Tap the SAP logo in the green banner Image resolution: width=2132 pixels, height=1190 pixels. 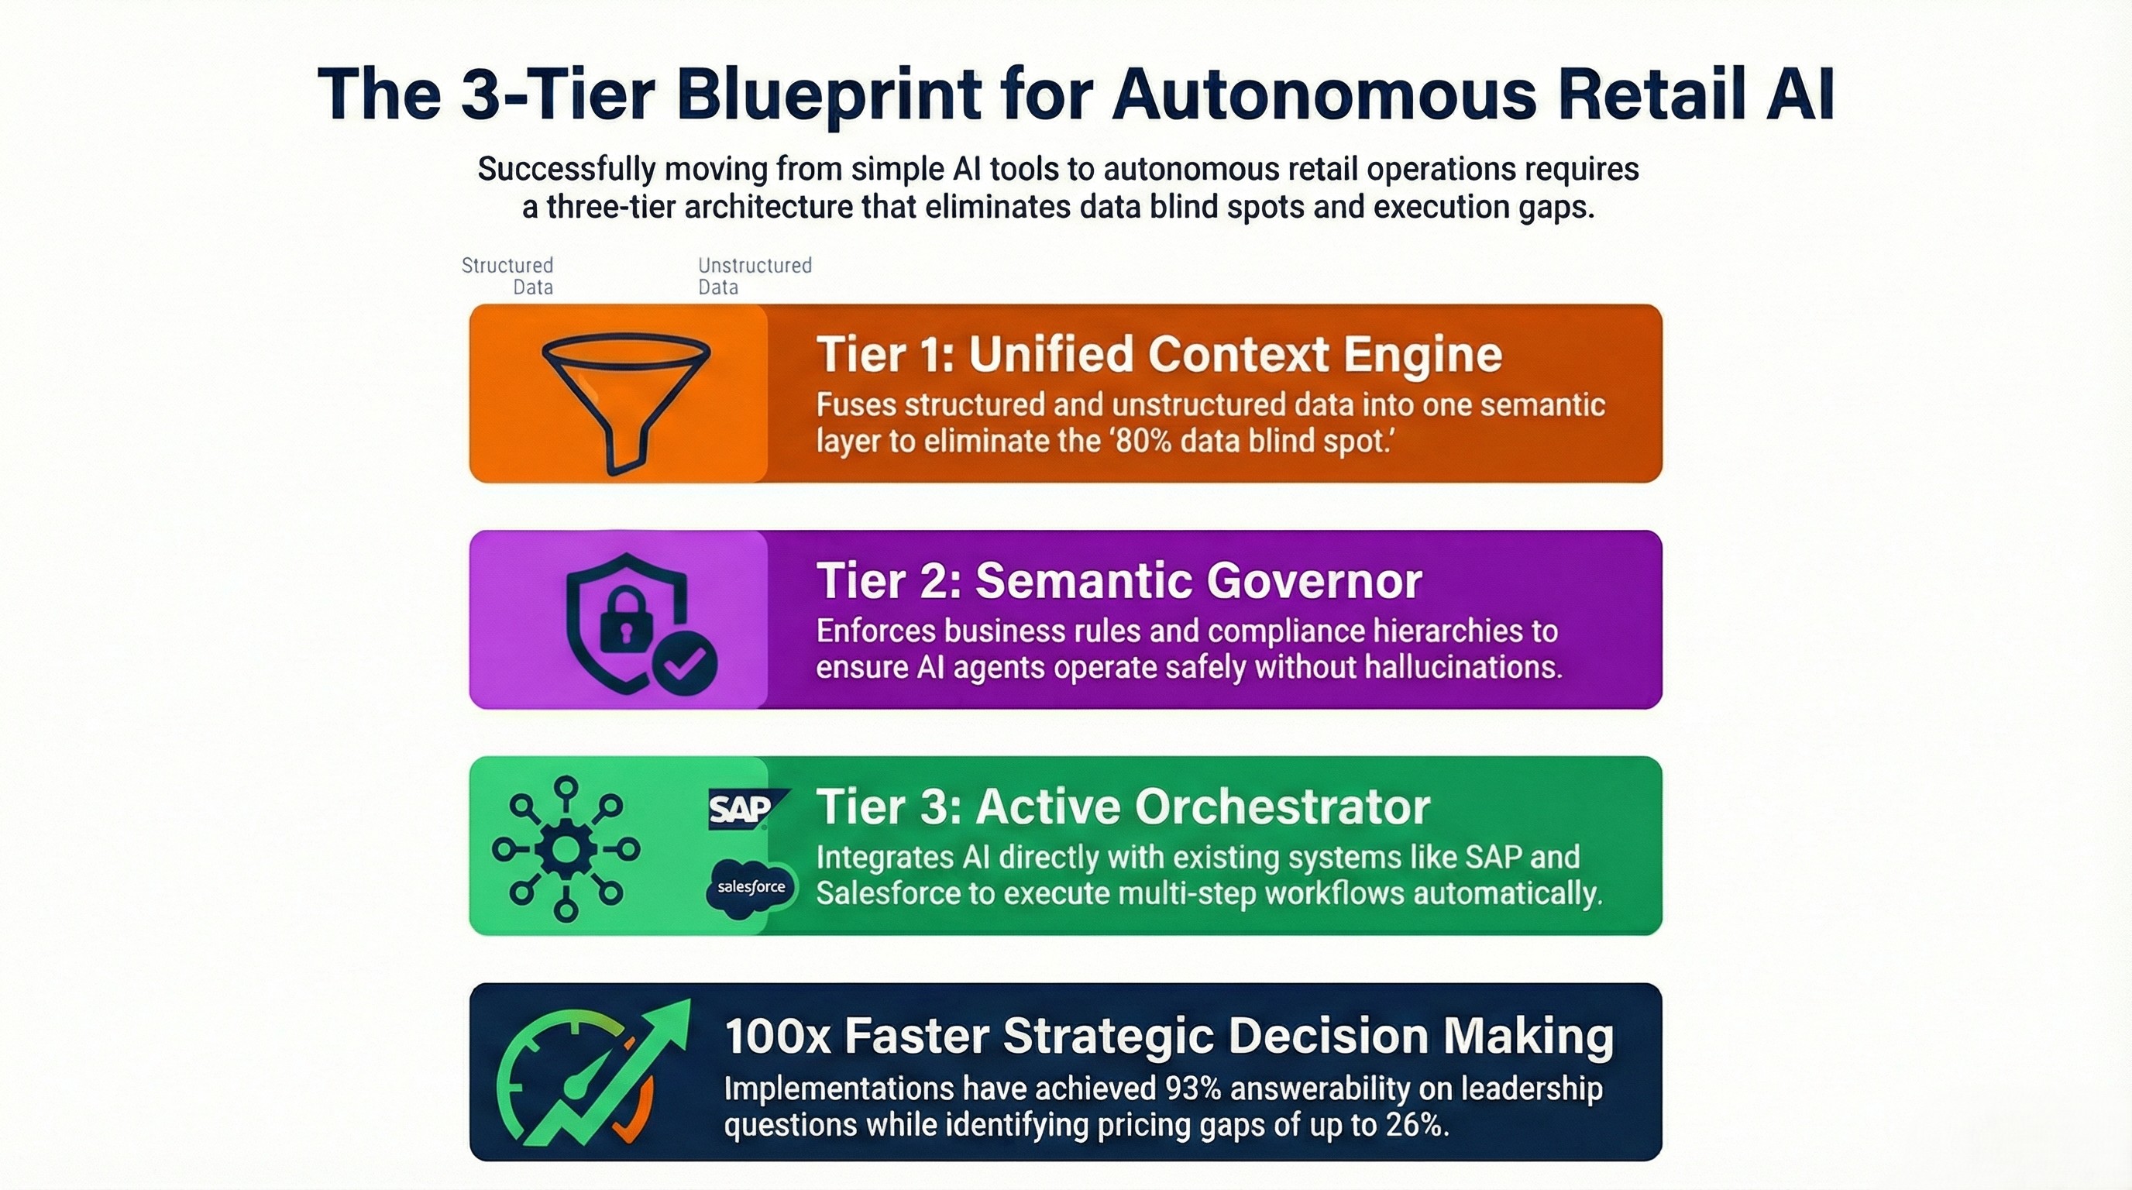click(x=743, y=809)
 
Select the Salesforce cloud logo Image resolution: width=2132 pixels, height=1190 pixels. click(x=751, y=888)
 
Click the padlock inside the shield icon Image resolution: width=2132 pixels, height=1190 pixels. click(x=626, y=621)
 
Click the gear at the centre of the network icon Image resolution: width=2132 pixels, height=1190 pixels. click(x=566, y=849)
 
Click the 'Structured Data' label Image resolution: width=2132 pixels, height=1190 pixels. click(x=507, y=276)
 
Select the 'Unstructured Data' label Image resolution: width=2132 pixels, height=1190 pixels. click(x=754, y=276)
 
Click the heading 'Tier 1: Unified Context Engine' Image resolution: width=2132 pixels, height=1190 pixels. click(x=1159, y=354)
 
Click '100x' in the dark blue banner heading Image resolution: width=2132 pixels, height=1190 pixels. click(x=777, y=1035)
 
